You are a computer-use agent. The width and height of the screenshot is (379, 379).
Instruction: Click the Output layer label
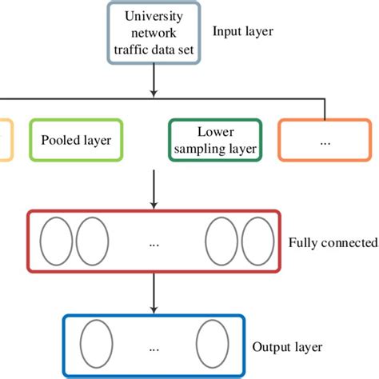[287, 347]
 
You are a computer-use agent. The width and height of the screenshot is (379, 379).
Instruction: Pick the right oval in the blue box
[213, 345]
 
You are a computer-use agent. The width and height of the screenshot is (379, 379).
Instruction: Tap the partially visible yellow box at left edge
[4, 140]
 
